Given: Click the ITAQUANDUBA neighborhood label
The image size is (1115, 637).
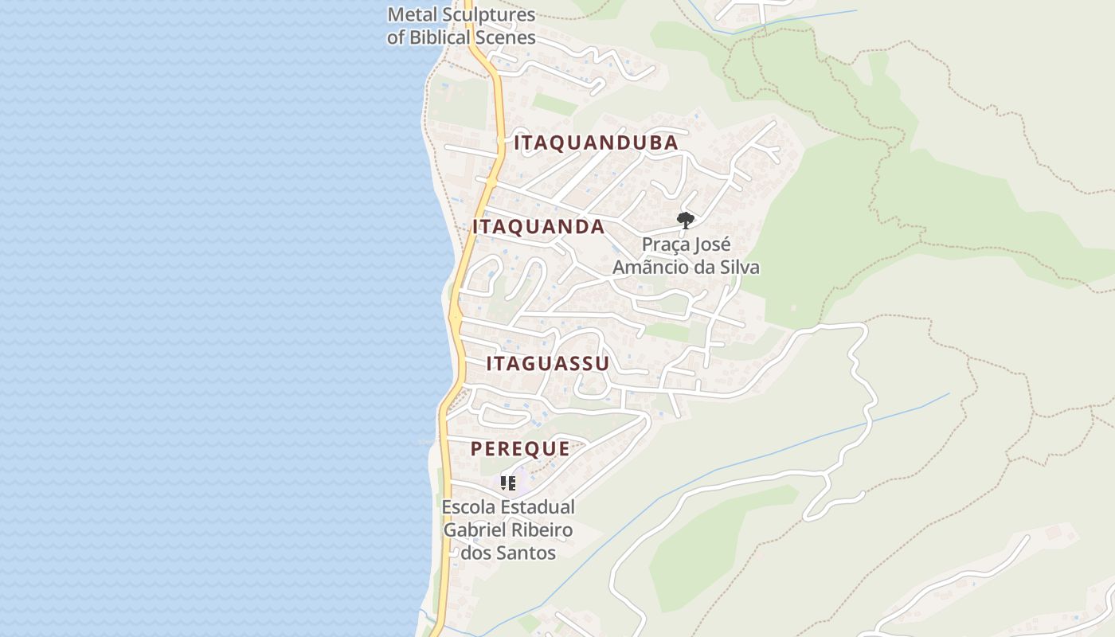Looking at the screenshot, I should pyautogui.click(x=596, y=143).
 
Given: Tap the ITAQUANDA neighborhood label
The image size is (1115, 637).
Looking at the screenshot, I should pyautogui.click(x=538, y=227).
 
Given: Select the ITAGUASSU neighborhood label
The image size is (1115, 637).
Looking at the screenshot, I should pyautogui.click(x=547, y=364).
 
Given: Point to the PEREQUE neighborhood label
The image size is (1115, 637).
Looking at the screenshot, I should pyautogui.click(x=520, y=449).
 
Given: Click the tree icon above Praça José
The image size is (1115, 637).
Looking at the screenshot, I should pyautogui.click(x=685, y=221).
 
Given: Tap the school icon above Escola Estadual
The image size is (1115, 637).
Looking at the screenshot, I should pyautogui.click(x=508, y=483).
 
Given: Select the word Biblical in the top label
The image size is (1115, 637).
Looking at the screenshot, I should pyautogui.click(x=440, y=37).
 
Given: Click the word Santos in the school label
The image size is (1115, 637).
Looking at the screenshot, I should pyautogui.click(x=526, y=553).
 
